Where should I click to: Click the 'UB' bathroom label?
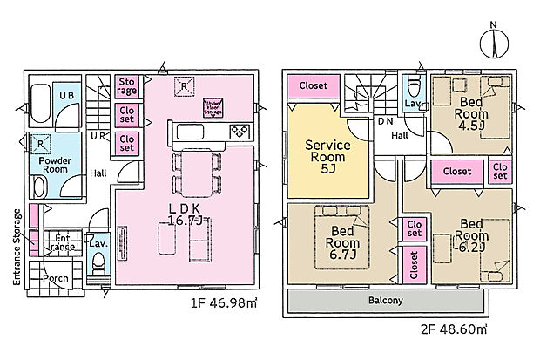click(x=66, y=95)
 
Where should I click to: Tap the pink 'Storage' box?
click(x=127, y=85)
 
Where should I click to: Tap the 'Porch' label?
click(x=56, y=279)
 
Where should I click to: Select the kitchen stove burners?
click(x=239, y=132)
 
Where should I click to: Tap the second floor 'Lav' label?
click(x=412, y=103)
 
